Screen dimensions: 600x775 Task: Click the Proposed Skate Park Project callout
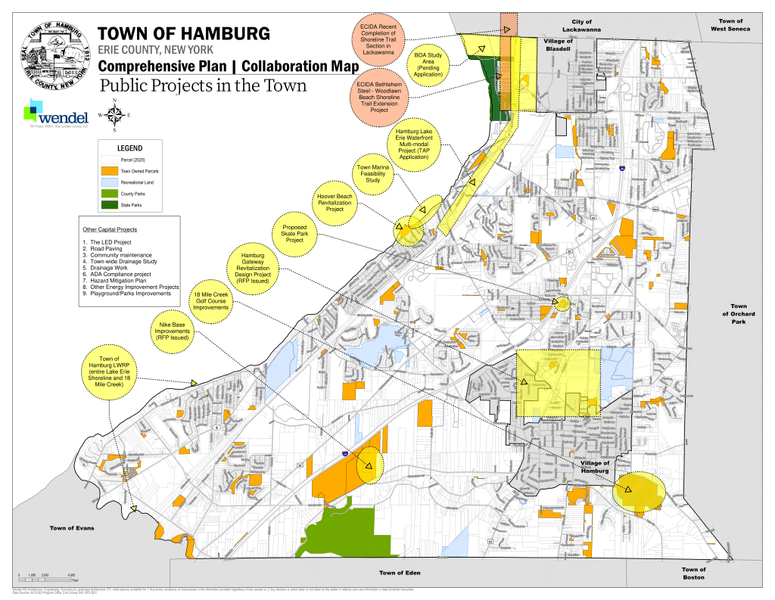294,233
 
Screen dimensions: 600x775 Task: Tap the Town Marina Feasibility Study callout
372,173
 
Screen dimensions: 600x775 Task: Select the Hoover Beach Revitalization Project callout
335,203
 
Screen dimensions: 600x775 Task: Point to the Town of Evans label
72,527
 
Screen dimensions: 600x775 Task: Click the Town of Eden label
399,572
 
